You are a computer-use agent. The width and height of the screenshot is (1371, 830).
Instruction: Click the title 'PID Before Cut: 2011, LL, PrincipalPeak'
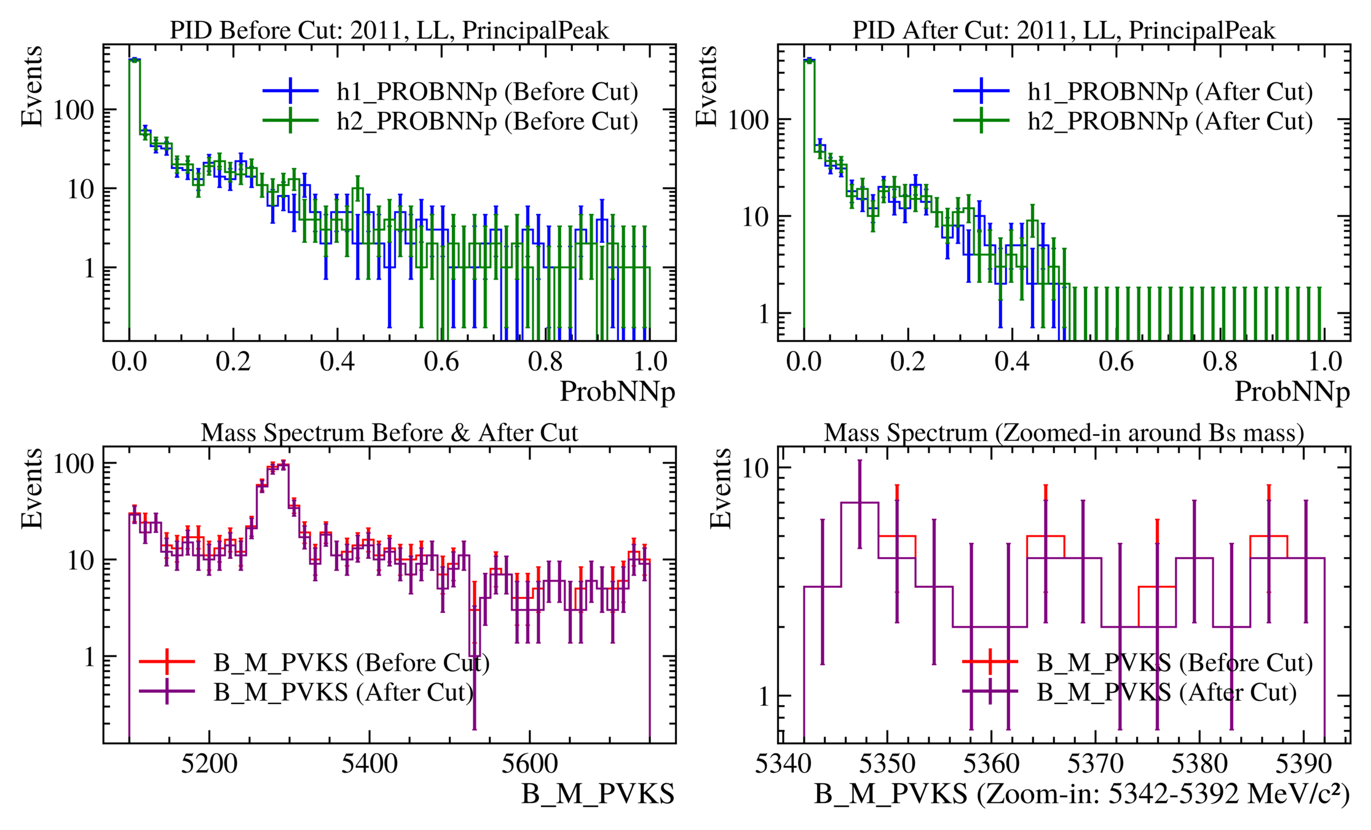click(x=389, y=30)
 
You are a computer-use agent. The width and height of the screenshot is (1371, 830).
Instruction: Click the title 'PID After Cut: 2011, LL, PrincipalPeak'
click(x=1064, y=30)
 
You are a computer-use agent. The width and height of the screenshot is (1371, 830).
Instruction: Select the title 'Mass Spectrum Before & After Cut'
click(x=389, y=433)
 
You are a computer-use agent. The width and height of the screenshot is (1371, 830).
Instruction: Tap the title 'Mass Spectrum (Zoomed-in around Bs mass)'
click(x=1064, y=433)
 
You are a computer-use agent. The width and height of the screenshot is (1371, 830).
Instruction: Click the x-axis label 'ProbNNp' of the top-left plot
click(x=617, y=392)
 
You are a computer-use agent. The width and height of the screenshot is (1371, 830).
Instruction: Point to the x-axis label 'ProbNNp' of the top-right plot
click(x=1292, y=392)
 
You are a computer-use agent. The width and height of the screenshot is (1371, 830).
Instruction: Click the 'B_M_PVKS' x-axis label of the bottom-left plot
click(x=598, y=794)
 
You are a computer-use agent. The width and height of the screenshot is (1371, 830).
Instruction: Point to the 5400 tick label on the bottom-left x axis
click(x=369, y=764)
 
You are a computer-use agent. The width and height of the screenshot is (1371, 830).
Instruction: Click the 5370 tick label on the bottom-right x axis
click(x=1095, y=764)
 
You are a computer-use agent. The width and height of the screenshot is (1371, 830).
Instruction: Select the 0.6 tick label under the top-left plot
click(x=441, y=362)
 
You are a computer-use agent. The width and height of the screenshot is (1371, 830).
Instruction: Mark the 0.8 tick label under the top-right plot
click(x=1220, y=362)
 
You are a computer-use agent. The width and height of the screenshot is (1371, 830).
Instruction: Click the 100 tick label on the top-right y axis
click(x=748, y=120)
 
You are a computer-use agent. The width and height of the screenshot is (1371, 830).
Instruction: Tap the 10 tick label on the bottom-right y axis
click(x=756, y=468)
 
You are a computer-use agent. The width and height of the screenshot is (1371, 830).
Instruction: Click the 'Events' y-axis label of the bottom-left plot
click(x=32, y=488)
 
